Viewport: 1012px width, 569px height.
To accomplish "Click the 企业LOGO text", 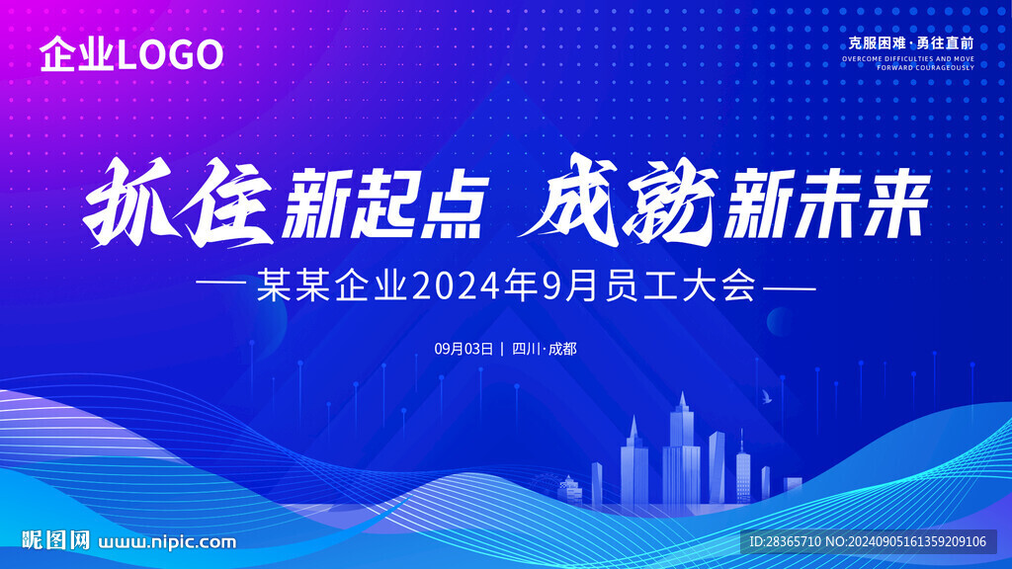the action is click(x=131, y=54).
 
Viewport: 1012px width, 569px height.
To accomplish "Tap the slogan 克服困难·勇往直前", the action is click(x=910, y=43).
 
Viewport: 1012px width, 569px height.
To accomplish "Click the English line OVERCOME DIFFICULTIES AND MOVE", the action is click(x=908, y=58).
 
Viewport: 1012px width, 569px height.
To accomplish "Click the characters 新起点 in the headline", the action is click(x=385, y=203).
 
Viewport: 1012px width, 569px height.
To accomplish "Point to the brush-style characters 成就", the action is click(x=620, y=201).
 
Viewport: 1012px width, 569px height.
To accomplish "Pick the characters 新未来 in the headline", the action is click(x=827, y=203).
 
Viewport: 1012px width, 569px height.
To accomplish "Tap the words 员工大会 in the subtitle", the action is click(x=681, y=285).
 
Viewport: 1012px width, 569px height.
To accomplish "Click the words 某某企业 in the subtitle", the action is click(x=332, y=285).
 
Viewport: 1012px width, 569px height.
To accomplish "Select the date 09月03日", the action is click(x=464, y=349).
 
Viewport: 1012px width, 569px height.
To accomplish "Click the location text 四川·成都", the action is click(x=545, y=349).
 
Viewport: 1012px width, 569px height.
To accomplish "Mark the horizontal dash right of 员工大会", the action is click(x=790, y=287).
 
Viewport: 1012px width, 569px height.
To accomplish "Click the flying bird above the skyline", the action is click(x=767, y=396).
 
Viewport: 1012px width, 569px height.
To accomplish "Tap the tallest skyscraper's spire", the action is click(x=683, y=397).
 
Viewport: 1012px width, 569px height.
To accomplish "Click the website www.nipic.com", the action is click(x=167, y=542).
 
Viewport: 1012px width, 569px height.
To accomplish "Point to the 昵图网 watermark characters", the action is click(x=56, y=540).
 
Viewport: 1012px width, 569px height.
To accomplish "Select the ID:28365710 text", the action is click(x=785, y=542).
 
